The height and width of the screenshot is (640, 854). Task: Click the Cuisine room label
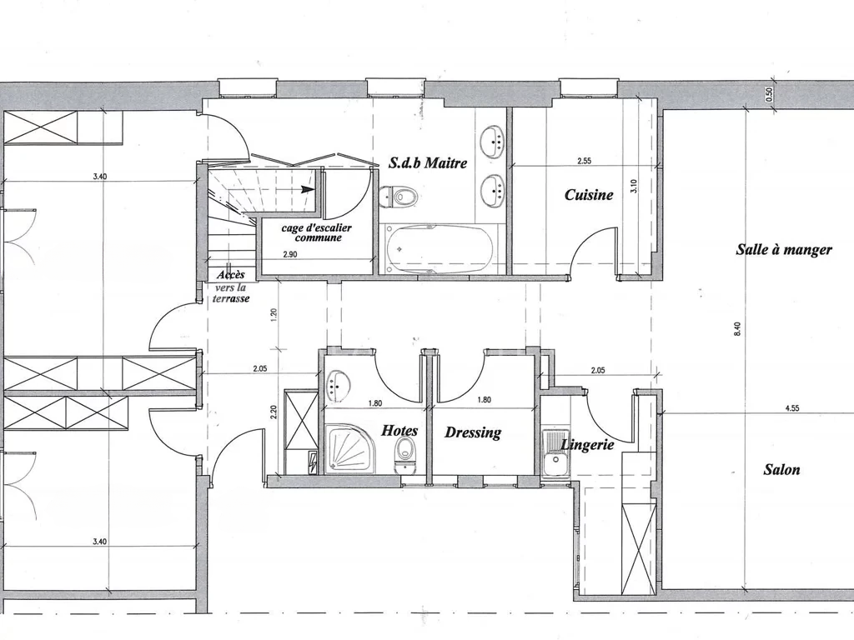pos(589,194)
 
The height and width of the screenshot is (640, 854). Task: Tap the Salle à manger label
pos(784,250)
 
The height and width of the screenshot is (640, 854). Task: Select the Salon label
pos(781,469)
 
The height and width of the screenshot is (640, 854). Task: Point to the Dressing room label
pos(473,432)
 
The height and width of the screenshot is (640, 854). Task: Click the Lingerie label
pos(587,445)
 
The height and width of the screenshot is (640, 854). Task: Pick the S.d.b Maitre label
pos(428,162)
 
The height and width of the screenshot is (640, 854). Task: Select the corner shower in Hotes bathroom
pos(349,449)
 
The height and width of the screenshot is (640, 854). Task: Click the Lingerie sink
pos(555,454)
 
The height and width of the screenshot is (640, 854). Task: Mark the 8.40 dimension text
pos(737,330)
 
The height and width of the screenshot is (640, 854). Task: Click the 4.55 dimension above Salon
pos(792,408)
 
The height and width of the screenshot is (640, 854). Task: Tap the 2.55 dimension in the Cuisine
pos(584,161)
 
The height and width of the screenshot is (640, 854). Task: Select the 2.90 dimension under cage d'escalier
pos(290,254)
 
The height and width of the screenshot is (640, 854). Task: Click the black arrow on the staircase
pos(309,189)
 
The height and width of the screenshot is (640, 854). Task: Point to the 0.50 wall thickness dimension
pos(769,95)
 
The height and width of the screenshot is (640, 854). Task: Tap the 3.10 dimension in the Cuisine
pos(633,187)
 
